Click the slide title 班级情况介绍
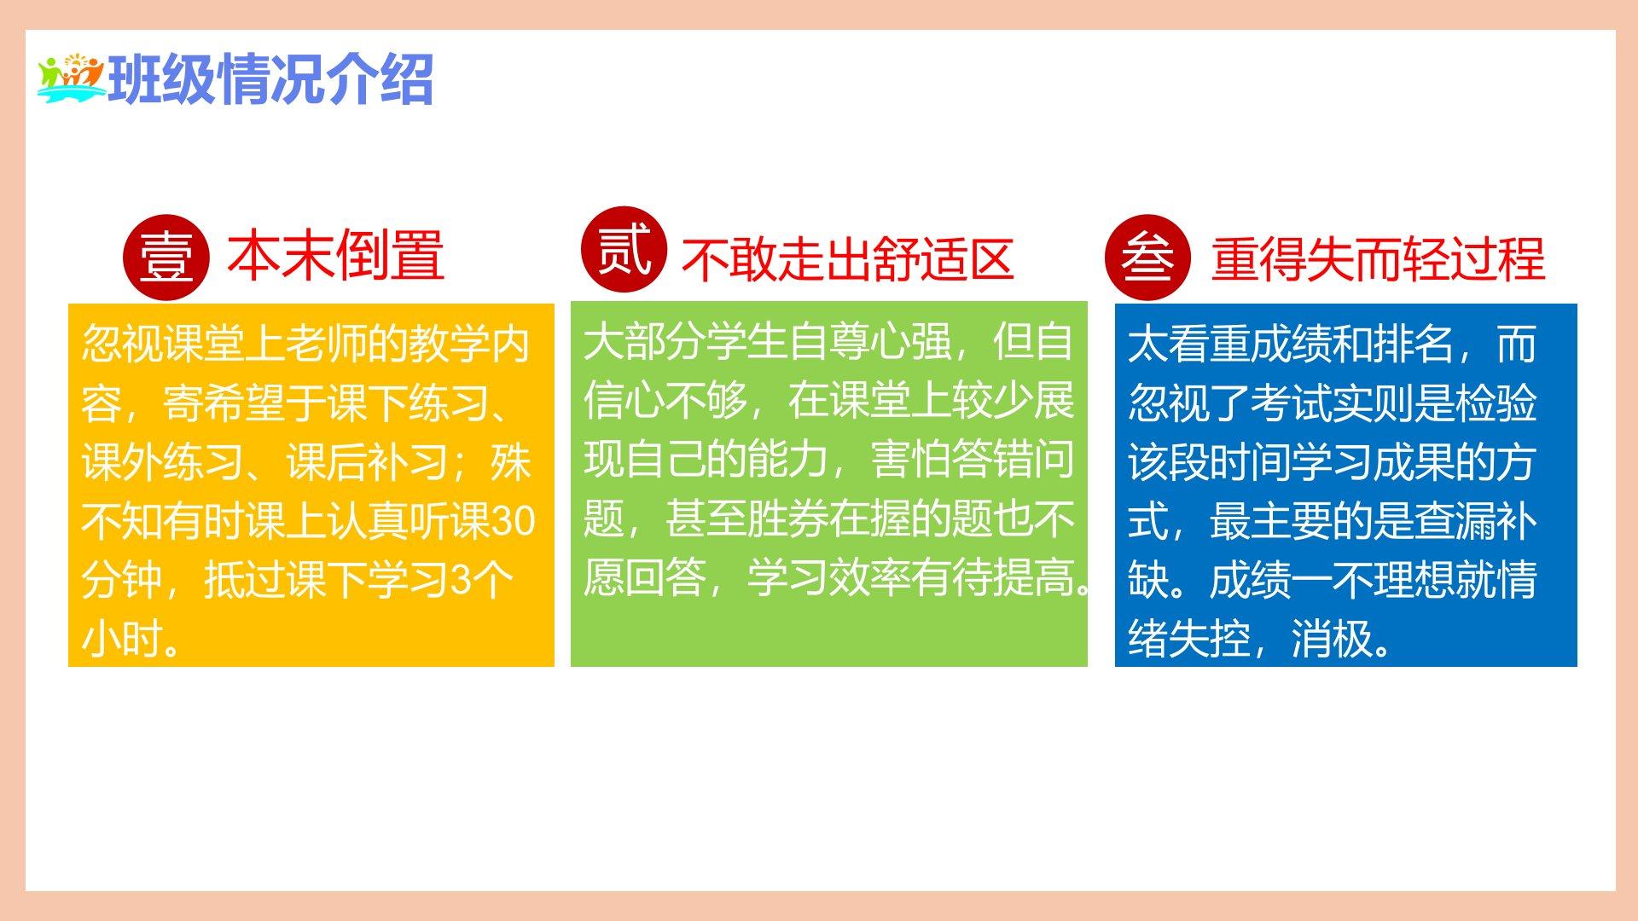[x=271, y=79]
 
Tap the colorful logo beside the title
[x=71, y=78]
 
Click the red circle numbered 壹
[x=166, y=258]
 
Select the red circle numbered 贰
[x=624, y=249]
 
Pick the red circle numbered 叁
[x=1147, y=258]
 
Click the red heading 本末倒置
[x=335, y=255]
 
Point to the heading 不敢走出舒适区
[x=847, y=259]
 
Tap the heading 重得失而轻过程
[x=1378, y=259]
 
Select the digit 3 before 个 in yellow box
[x=460, y=580]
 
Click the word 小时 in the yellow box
[x=122, y=639]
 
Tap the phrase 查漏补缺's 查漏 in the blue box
[x=1455, y=521]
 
